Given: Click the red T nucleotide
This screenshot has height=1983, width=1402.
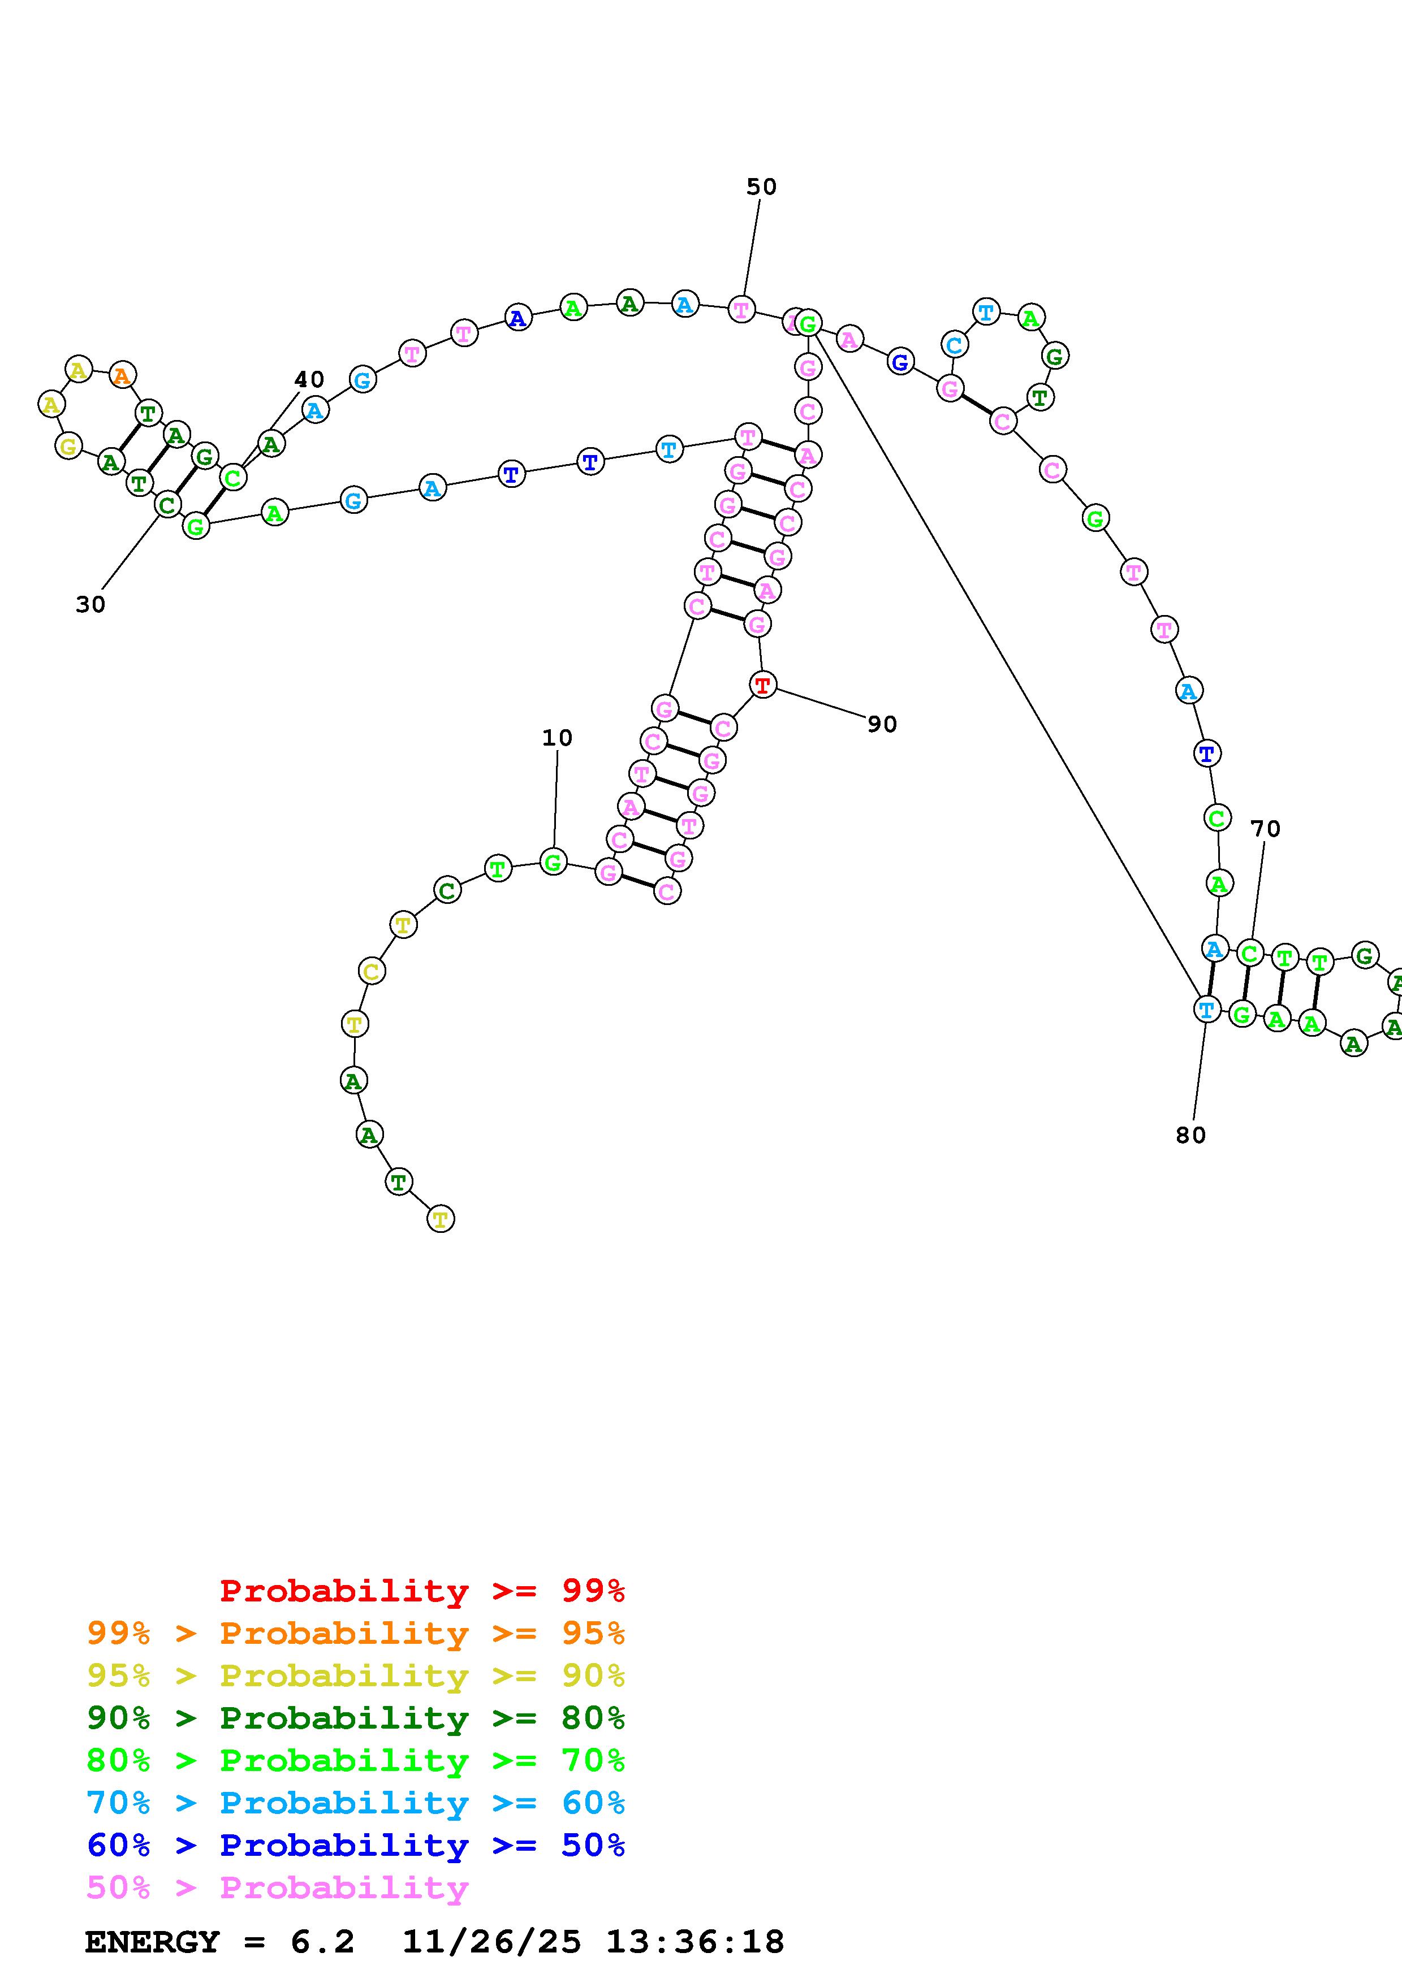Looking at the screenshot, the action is pyautogui.click(x=762, y=686).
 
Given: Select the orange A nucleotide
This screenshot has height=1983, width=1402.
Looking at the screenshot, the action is pyautogui.click(x=123, y=376).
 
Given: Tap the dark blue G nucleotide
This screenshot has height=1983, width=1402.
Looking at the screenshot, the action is pyautogui.click(x=900, y=362).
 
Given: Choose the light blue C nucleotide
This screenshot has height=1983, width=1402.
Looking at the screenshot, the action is pyautogui.click(x=954, y=345).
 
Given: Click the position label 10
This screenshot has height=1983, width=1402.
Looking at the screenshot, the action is pyautogui.click(x=557, y=738).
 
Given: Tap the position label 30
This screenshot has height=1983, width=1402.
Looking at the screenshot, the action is pyautogui.click(x=90, y=605).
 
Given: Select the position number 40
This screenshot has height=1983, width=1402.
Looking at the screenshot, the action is pyautogui.click(x=309, y=379).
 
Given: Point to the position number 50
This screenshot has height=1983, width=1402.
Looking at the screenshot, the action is pyautogui.click(x=761, y=187).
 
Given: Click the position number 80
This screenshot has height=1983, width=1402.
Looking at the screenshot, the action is pyautogui.click(x=1190, y=1136).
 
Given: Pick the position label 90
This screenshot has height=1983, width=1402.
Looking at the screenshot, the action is pyautogui.click(x=882, y=725).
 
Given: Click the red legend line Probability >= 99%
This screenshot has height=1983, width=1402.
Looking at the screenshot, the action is pyautogui.click(x=421, y=1591).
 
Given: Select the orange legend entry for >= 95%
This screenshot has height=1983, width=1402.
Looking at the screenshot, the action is pyautogui.click(x=356, y=1633).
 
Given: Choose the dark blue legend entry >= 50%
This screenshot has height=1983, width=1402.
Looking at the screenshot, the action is pyautogui.click(x=356, y=1846).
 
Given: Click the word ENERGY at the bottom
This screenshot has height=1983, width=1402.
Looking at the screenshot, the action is pyautogui.click(x=152, y=1942).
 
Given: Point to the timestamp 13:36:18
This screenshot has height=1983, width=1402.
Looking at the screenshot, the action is pyautogui.click(x=694, y=1942).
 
